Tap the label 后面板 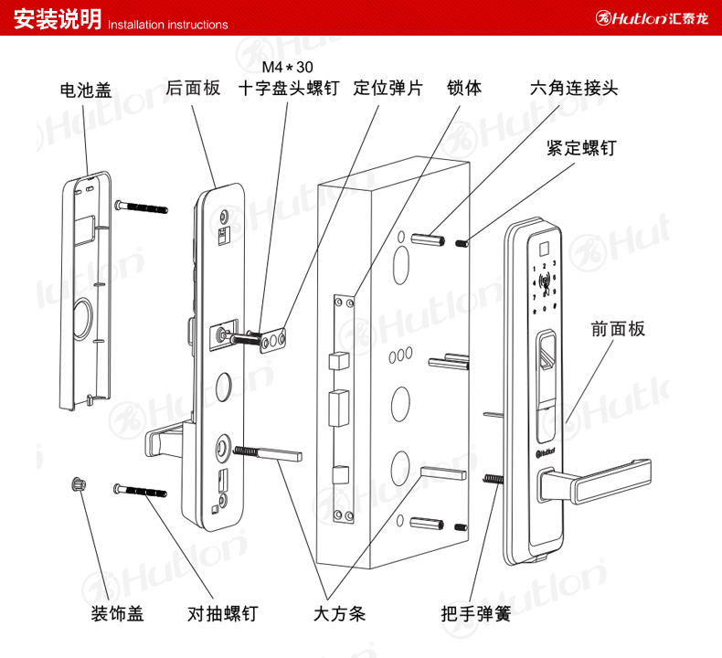click(x=194, y=89)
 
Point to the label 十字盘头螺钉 click(x=289, y=90)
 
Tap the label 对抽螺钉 click(x=221, y=613)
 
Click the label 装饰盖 click(x=117, y=613)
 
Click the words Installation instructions click(x=168, y=25)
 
